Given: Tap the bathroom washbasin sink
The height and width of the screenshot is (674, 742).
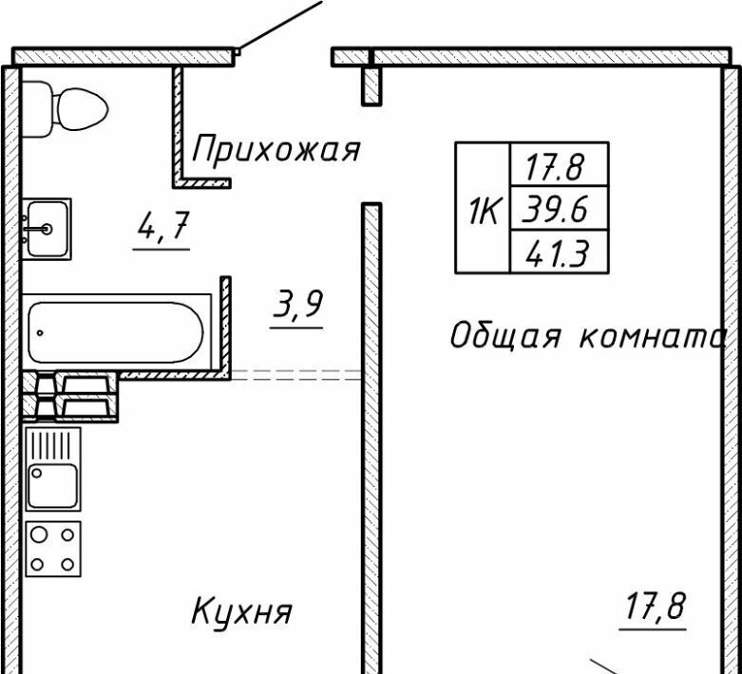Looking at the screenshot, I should [47, 229].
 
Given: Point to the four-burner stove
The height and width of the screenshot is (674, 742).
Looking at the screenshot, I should [52, 548].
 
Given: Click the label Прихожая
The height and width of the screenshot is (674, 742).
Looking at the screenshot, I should [276, 149].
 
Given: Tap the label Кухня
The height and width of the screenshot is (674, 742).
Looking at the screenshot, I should [241, 610].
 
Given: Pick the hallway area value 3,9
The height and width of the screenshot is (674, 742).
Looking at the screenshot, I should [297, 306].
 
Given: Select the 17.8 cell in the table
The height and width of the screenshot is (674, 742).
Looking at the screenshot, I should [560, 168].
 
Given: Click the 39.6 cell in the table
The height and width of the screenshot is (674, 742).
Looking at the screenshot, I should [560, 210].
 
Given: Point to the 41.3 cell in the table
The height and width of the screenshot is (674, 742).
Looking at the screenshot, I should [560, 253].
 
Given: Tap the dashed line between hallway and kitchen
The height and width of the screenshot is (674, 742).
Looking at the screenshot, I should [296, 375].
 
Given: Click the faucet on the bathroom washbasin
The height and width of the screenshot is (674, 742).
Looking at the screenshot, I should [35, 228].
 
